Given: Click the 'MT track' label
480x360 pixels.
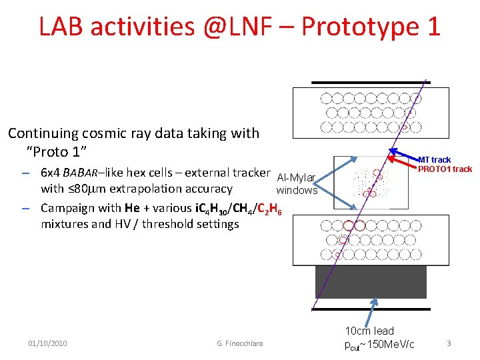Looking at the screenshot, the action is point(434,159).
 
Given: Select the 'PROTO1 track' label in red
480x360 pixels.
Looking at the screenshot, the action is point(445,169).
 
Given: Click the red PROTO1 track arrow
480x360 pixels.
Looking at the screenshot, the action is point(403,161).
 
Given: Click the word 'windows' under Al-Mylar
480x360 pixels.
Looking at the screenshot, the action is point(297,190).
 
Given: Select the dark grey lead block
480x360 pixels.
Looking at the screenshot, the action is point(370,281).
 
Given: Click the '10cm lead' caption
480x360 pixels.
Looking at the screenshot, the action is point(369,331).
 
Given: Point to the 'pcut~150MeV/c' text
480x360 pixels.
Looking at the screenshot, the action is point(379,344).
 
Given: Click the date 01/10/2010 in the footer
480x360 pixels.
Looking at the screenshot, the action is point(47,343).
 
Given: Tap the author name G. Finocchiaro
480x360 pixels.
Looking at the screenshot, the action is point(240,343).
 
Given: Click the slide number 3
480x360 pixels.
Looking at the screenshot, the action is point(449,343).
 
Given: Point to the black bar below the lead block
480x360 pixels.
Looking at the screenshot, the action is point(371,309).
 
